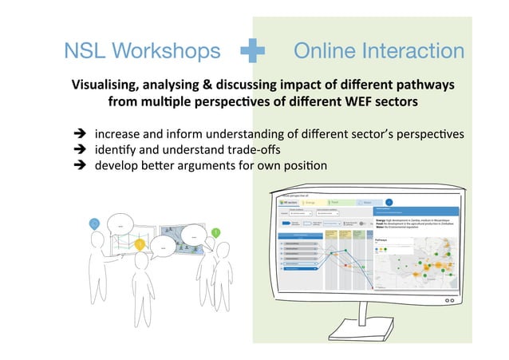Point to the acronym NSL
pyautogui.click(x=85, y=51)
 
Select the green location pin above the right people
pyautogui.click(x=215, y=232)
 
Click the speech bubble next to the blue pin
pyautogui.click(x=121, y=225)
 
